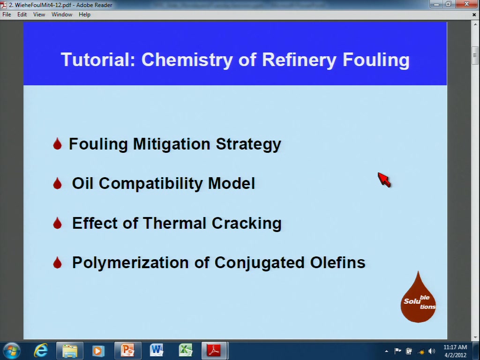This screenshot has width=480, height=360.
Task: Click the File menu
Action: coord(7,15)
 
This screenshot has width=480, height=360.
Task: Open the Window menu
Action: coord(62,15)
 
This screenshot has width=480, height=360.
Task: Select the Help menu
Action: coord(84,15)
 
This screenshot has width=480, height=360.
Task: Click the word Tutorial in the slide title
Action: coord(98,60)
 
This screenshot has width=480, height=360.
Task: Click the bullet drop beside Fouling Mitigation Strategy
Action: coord(57,143)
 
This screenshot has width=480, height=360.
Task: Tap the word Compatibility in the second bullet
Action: coord(150,184)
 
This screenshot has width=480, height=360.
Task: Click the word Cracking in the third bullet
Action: coord(247,223)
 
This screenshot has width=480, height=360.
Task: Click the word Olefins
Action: coord(337,262)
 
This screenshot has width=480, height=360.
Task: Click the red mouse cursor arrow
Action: coord(384,180)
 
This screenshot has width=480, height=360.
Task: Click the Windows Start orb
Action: coord(12,351)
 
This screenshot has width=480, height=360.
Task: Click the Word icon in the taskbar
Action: coord(157,350)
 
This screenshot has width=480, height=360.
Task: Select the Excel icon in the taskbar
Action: coord(186,350)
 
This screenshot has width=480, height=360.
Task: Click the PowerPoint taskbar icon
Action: coord(127,350)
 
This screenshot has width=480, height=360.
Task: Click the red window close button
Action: coord(467,4)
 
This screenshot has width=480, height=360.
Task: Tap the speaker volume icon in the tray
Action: coord(432,351)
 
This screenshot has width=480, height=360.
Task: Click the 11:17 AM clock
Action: coord(455,347)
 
